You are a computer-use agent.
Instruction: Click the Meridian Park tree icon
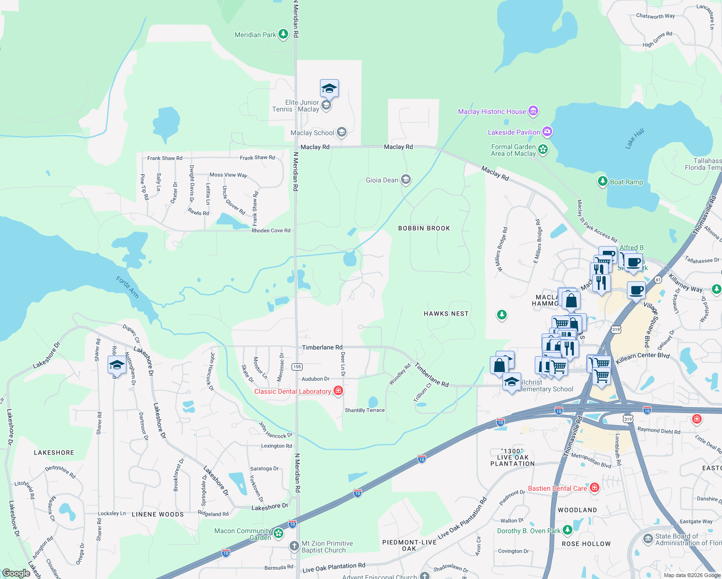tap(283, 34)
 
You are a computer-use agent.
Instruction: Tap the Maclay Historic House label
tap(492, 111)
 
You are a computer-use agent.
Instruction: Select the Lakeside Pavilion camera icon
tap(547, 131)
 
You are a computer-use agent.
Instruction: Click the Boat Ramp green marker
tap(602, 181)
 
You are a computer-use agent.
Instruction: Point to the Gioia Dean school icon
tap(406, 180)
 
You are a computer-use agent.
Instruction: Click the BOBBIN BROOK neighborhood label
tap(424, 228)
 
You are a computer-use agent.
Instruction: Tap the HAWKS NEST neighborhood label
tap(446, 314)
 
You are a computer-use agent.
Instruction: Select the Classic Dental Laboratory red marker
tap(338, 391)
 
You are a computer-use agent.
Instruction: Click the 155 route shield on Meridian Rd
tap(297, 367)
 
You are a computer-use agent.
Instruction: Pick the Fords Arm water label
tap(127, 287)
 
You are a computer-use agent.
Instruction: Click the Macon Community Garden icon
tap(278, 533)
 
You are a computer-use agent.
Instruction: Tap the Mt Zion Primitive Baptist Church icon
tap(294, 546)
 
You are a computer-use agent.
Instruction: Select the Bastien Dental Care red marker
tap(594, 488)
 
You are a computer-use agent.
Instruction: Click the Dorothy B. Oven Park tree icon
tap(568, 531)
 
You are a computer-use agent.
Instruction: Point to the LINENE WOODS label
tap(158, 514)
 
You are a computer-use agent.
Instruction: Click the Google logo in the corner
tap(16, 573)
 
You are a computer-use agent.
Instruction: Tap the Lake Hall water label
tap(635, 138)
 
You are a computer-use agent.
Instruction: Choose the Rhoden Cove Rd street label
tap(271, 231)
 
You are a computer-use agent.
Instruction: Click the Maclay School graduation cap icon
tap(342, 132)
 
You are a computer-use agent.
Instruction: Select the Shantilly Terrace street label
tap(364, 410)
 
